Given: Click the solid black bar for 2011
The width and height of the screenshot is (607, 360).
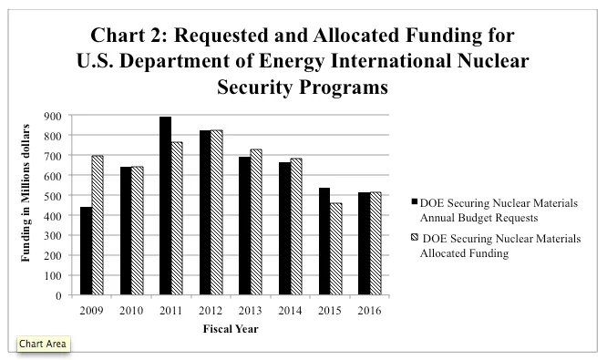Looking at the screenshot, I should point(166,206).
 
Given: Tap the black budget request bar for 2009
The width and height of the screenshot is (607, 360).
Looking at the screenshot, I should point(86,251).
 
